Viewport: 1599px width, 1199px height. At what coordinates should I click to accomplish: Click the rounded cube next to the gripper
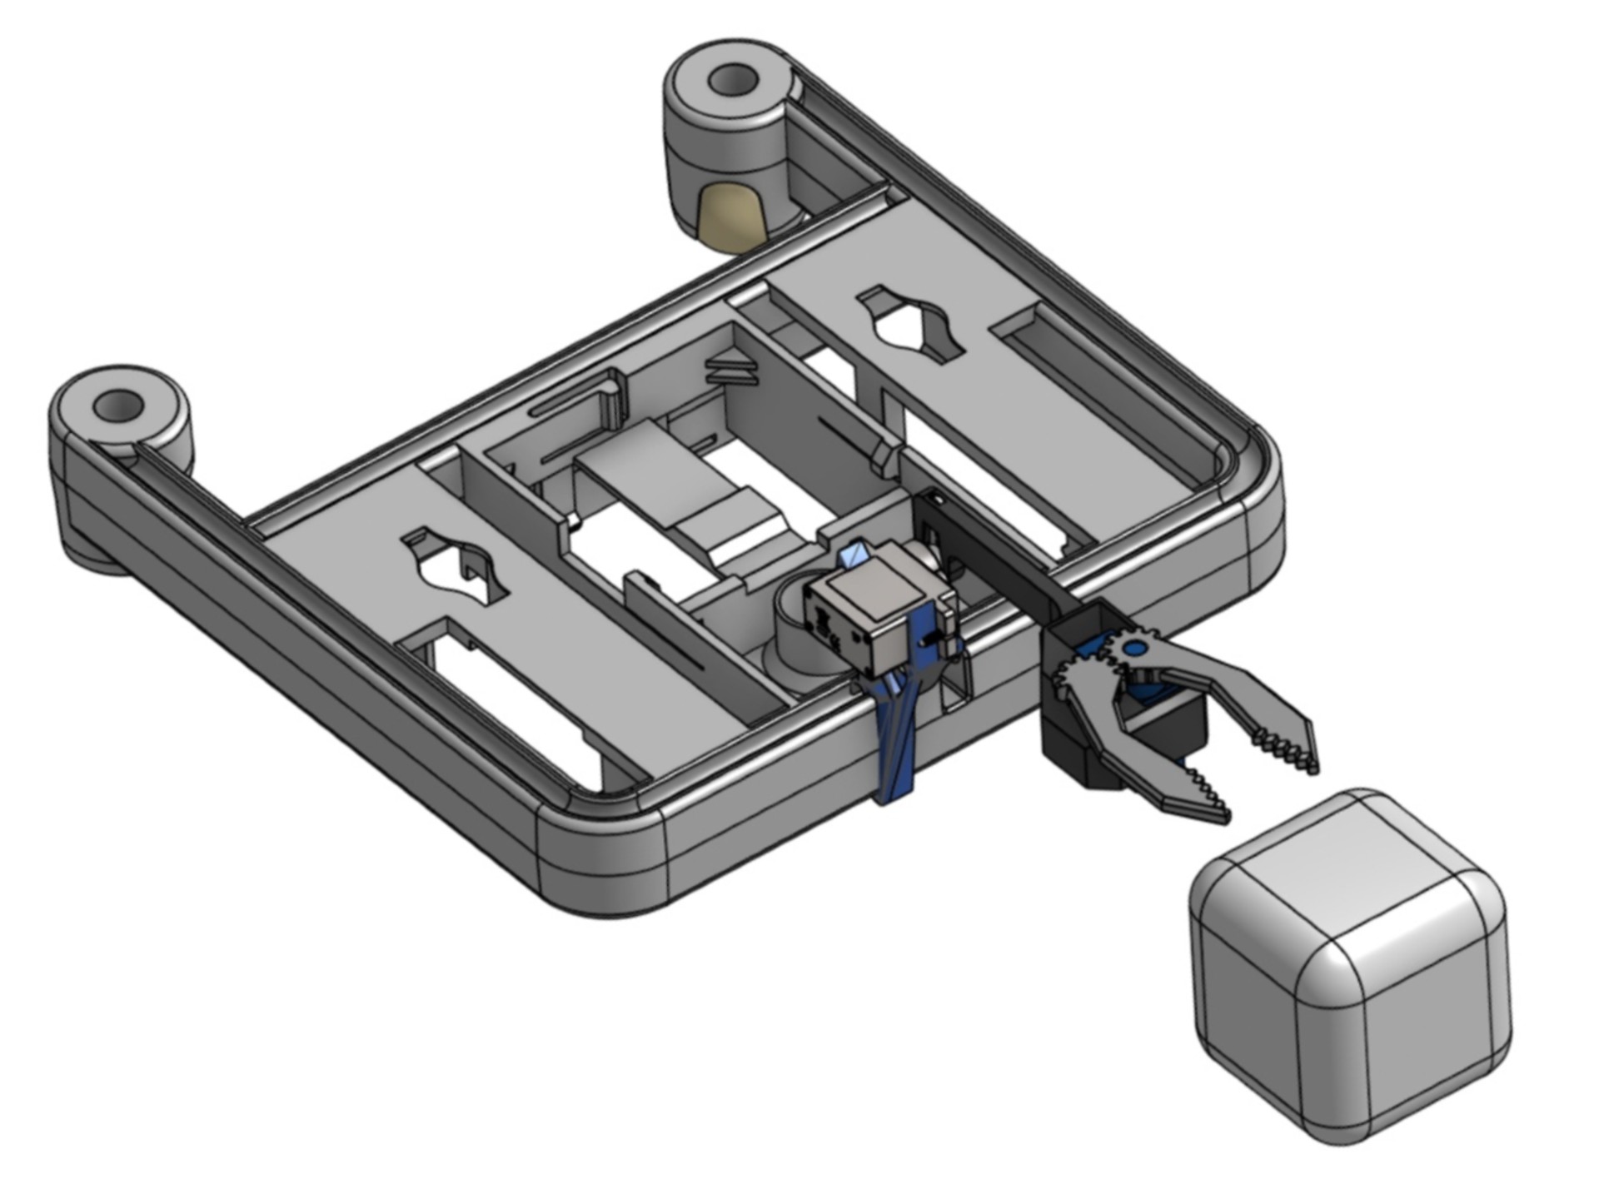click(1349, 966)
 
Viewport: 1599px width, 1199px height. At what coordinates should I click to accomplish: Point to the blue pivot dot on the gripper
click(1132, 648)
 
